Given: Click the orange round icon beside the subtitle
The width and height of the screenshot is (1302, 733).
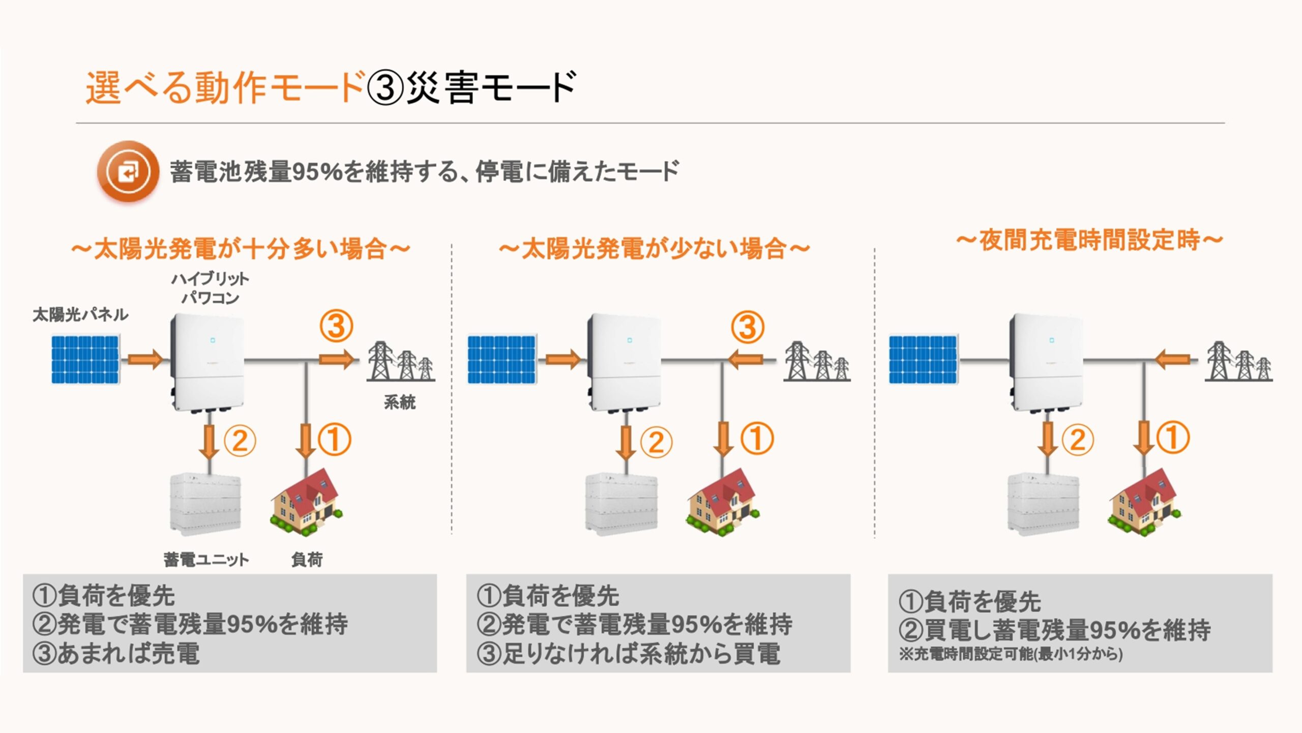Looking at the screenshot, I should (x=128, y=171).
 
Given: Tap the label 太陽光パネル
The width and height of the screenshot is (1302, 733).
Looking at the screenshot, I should (x=80, y=315).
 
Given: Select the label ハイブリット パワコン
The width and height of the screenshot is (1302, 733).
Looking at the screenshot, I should (x=210, y=288).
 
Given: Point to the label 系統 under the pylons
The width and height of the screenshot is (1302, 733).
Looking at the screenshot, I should (x=400, y=402).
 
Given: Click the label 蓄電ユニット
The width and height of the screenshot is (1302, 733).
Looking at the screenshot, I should (x=206, y=560).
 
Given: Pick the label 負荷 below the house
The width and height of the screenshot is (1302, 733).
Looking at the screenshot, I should (x=307, y=560).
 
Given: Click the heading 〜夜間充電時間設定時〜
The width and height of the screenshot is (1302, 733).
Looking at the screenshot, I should (x=1089, y=240).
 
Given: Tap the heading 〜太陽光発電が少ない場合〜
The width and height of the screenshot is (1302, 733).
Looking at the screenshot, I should (x=654, y=249).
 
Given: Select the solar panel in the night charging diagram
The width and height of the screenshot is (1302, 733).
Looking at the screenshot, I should (x=923, y=359).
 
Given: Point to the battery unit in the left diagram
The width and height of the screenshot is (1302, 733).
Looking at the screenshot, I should (x=205, y=504).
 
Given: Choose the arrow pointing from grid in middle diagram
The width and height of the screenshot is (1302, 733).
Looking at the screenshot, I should (x=746, y=360).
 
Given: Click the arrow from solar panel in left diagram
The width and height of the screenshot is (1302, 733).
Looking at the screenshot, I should (x=145, y=360).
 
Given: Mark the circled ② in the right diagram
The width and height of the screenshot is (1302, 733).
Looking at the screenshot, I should (x=1077, y=440).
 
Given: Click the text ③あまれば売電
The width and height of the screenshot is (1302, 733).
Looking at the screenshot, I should (x=116, y=654).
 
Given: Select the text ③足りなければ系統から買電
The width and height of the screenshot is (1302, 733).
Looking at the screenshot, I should (x=628, y=654).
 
